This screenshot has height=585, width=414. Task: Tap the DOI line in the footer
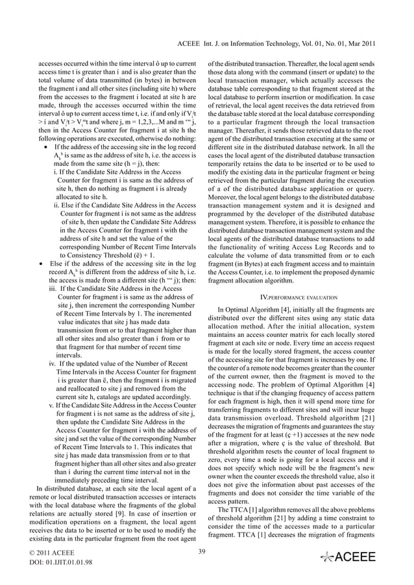tap(56, 562)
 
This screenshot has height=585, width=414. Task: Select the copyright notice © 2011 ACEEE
tap(52, 552)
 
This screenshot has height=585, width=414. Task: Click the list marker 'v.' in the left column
tap(51, 406)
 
